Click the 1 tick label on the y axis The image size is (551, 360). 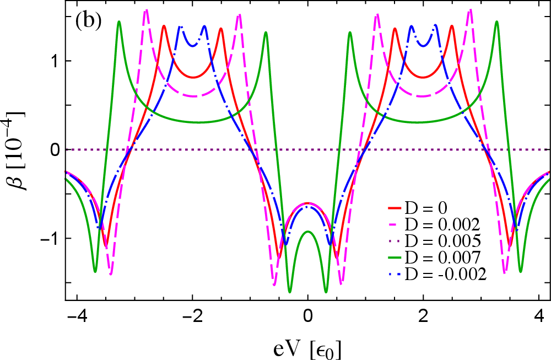pyautogui.click(x=55, y=61)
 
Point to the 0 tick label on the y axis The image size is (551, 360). pyautogui.click(x=55, y=149)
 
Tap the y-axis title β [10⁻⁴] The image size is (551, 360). pyautogui.click(x=18, y=150)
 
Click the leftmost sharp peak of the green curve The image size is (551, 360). pyautogui.click(x=119, y=22)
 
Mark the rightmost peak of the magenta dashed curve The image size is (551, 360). pyautogui.click(x=471, y=10)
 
